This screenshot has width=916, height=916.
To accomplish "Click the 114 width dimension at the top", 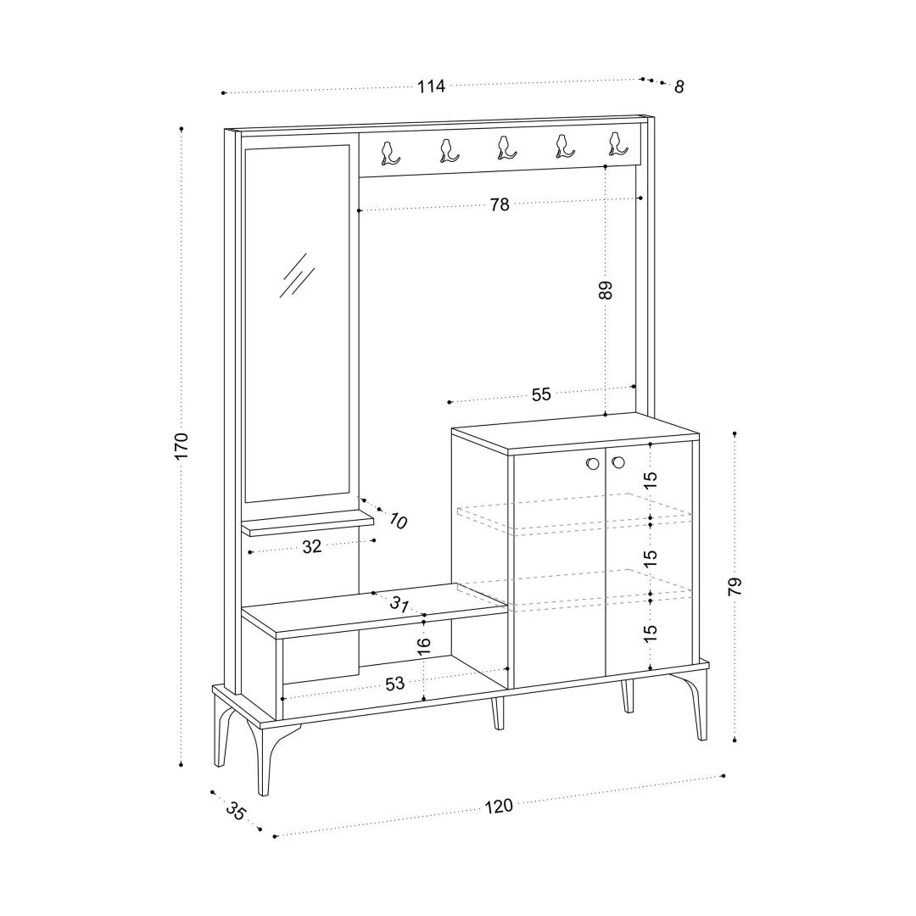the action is (431, 87).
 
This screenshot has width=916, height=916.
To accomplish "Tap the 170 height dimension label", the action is (182, 446).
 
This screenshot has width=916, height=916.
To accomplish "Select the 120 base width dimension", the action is (499, 807).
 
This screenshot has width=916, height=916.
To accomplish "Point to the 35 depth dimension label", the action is (236, 812).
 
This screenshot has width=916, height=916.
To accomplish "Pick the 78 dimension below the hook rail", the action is (500, 204).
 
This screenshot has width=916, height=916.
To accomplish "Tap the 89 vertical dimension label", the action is (606, 290).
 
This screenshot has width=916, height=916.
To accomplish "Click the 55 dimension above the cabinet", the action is (541, 394).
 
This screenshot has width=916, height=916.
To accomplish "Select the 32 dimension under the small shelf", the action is (312, 547).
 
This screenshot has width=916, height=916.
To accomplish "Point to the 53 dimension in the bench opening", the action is (395, 684).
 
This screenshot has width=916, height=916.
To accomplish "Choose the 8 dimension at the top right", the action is (679, 87).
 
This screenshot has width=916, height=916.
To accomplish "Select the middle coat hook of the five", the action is (505, 148).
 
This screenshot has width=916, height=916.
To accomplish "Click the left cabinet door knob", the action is (592, 464).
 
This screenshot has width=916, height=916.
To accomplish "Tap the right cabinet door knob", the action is (618, 463).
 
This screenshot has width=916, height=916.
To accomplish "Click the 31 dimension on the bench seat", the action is (399, 604).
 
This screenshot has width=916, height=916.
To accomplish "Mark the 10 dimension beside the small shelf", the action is (397, 521).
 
